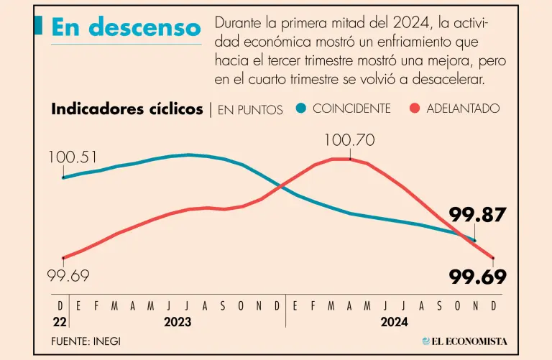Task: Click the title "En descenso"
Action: [x=126, y=27]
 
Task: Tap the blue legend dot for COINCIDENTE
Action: [x=300, y=109]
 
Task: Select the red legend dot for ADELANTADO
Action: [x=414, y=109]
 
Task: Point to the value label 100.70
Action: [x=349, y=141]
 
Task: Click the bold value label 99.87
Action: [x=478, y=214]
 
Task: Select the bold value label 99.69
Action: [x=478, y=277]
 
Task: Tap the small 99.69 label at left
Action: [x=68, y=276]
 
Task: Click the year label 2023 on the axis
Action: [x=178, y=322]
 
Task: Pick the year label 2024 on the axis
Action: [x=394, y=322]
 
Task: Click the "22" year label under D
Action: [x=60, y=321]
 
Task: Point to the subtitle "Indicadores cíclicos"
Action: [x=127, y=109]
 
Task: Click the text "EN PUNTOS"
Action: [x=250, y=110]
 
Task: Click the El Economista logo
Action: [x=465, y=341]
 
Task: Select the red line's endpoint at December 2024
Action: [x=493, y=258]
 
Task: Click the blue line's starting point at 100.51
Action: [x=63, y=177]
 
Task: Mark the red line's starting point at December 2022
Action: [x=63, y=257]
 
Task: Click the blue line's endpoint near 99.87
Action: [x=474, y=240]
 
